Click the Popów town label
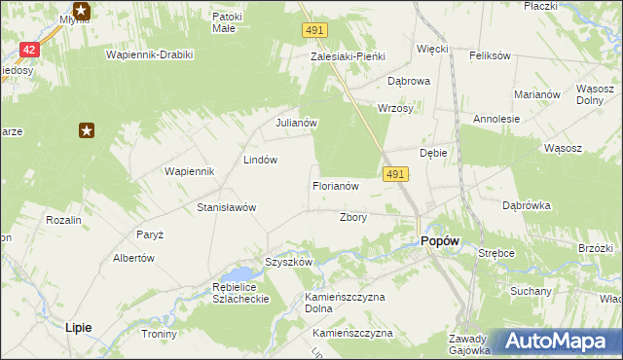point(439,242)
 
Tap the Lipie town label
point(78,328)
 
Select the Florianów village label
point(337,185)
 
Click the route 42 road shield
point(29,50)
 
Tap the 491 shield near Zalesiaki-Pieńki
point(313,32)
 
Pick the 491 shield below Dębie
point(395,173)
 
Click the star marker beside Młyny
point(82,12)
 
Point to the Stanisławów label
point(226,207)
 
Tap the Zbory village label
point(352,217)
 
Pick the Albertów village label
point(134,258)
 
